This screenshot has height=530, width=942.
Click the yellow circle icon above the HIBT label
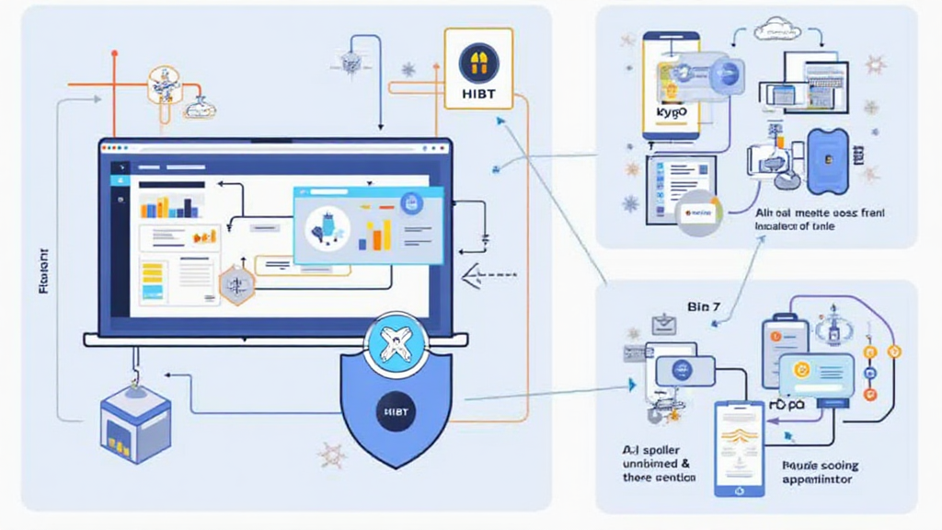tap(477, 63)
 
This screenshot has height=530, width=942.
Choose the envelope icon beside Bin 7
tap(663, 324)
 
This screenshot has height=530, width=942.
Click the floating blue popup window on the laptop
tap(367, 225)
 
